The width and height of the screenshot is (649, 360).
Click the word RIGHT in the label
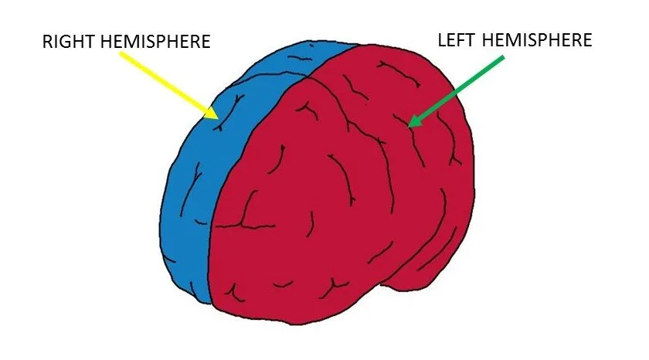point(70,42)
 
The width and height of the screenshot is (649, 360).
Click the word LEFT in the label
point(457,40)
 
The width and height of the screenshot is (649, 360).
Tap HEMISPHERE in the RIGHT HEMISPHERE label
point(155,42)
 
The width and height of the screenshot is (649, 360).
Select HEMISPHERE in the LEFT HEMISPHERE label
point(537,40)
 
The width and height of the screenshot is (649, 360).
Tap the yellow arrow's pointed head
point(212,114)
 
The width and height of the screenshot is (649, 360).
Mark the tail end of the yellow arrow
point(121,53)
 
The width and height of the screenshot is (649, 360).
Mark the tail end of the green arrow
point(503,57)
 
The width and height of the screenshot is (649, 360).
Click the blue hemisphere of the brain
point(195,174)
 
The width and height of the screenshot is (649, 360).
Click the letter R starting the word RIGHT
point(47,42)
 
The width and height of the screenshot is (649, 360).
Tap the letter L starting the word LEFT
point(442,40)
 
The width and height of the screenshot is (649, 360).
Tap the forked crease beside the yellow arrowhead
point(229,112)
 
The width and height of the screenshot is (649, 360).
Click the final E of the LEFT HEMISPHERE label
point(588,40)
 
